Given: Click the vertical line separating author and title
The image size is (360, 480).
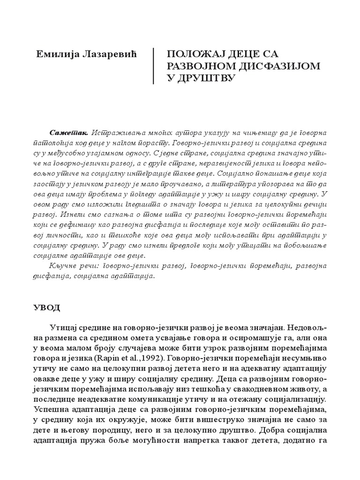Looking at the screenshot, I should coord(154,66).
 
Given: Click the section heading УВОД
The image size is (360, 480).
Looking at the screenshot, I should coord(48,307).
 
